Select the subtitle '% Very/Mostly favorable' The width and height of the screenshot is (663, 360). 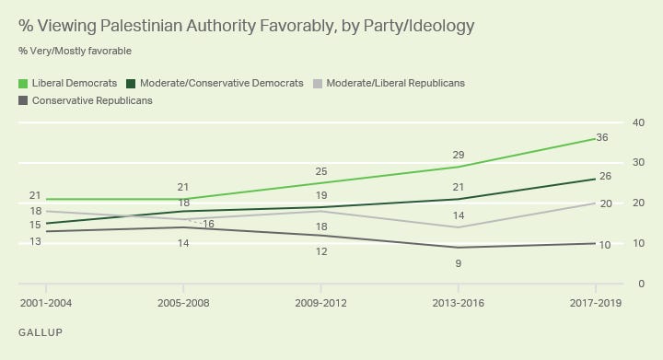(x=74, y=50)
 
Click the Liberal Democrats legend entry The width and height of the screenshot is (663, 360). (x=74, y=83)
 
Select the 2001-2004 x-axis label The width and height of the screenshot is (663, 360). (x=45, y=303)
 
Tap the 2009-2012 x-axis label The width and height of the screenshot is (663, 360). (x=320, y=303)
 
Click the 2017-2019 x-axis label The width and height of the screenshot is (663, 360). (x=595, y=303)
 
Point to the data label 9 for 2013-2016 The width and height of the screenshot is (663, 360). (x=458, y=263)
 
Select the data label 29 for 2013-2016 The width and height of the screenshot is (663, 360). (x=458, y=155)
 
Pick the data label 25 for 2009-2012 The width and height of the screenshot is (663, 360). (x=320, y=171)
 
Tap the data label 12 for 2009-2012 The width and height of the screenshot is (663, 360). (x=320, y=251)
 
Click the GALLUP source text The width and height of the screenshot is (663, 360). (x=41, y=331)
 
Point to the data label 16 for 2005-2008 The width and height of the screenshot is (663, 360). (x=207, y=224)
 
